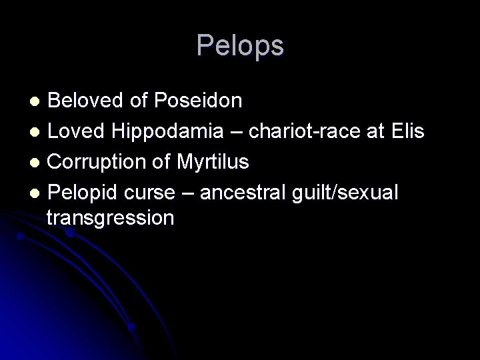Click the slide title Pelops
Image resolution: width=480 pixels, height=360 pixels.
point(240,46)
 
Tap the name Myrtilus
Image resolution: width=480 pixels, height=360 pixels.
point(214,162)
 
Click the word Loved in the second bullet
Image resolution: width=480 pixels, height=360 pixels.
point(73,131)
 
